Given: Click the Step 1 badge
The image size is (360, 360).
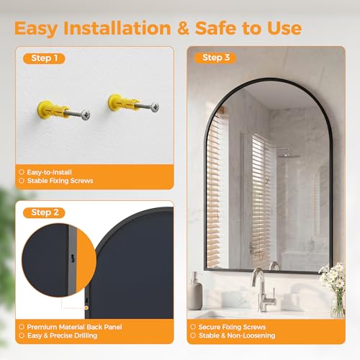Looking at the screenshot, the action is pos(44,58).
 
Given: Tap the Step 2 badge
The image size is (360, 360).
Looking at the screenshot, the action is pos(44,212).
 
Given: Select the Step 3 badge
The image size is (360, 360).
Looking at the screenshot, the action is pos(215,58).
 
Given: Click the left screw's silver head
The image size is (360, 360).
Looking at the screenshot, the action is pos(86,114).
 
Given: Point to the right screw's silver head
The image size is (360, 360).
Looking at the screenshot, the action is pos(155,107).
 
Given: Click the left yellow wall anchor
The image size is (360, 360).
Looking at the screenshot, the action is pos(53,110).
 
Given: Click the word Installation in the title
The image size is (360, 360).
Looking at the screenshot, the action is pos(117,28).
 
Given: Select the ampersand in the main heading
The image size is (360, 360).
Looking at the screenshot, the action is pos(183,28).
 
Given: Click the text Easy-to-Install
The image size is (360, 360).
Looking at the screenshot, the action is pos(49,172).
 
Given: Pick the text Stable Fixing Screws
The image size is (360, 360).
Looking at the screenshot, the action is pos(60,181).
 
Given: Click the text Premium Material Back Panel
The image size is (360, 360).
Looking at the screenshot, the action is pos(74,327).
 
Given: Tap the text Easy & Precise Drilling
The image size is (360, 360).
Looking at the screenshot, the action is pos(62,336).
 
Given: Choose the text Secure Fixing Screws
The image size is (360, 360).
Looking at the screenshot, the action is pos(232,327).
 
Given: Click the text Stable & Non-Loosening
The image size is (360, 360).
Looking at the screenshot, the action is pos(237,336).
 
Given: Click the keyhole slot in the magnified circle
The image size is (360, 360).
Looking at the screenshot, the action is pos(72,258).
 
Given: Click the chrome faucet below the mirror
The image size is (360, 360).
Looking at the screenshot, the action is pos(263,290).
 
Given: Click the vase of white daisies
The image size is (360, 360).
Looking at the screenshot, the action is pos(335,290).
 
